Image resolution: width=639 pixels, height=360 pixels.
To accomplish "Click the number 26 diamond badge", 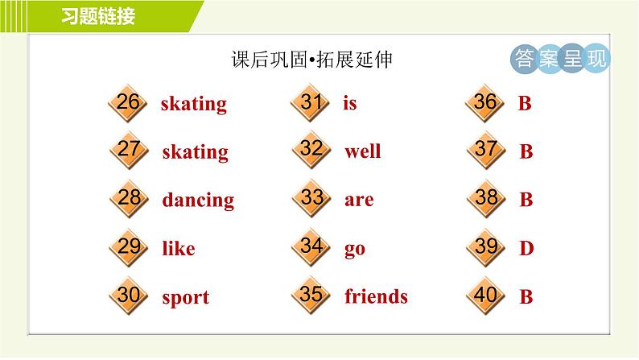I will coord(127,103).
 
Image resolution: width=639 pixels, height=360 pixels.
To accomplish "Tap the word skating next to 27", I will coord(195,152).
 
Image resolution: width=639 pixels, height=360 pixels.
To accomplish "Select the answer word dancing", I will coord(198,200).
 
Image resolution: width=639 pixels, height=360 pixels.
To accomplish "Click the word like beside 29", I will coord(178,249).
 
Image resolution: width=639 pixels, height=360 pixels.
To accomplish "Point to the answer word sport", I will coord(185,298).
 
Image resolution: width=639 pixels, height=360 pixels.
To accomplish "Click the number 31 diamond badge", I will coord(311,103).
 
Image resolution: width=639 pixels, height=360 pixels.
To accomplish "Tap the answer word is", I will coord(349,103).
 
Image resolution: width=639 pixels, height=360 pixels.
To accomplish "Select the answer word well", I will coord(362,151).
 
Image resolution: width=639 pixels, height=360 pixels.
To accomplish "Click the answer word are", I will coord(359,200).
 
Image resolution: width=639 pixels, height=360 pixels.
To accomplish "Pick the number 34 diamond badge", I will coord(311,247).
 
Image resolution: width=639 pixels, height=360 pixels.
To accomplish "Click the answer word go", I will coord(355,250).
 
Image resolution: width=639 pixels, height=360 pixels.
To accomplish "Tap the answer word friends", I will coord(376,297).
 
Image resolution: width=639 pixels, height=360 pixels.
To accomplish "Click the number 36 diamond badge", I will coord(485,103).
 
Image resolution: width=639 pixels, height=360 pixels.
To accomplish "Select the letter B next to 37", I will coord(526,151).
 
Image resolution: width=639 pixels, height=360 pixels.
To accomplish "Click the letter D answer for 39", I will coord(526,249).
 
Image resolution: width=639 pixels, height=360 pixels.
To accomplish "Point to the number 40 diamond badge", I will coord(485,296).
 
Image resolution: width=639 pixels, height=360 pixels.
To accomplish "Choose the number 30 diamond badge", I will coord(127,296).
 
